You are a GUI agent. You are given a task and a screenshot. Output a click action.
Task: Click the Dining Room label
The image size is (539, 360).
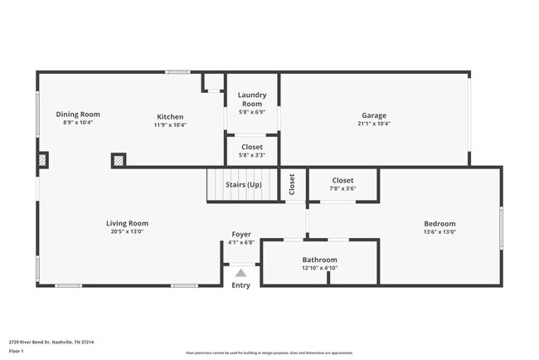pyautogui.click(x=78, y=114)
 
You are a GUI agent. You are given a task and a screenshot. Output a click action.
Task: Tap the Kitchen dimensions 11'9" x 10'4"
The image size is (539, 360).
pyautogui.click(x=170, y=125)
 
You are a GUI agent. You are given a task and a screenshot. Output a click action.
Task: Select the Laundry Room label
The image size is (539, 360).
pyautogui.click(x=252, y=100)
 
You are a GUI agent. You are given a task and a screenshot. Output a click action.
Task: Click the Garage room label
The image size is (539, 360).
pyautogui.click(x=373, y=115)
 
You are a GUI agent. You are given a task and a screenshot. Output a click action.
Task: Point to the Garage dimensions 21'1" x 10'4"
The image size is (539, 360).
pyautogui.click(x=373, y=124)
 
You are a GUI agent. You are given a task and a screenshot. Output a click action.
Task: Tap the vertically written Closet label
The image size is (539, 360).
pyautogui.click(x=292, y=184)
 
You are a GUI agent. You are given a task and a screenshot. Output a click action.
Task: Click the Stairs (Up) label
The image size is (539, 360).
pyautogui.click(x=244, y=184)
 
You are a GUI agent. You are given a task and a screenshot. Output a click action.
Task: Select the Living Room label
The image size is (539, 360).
pyautogui.click(x=127, y=223)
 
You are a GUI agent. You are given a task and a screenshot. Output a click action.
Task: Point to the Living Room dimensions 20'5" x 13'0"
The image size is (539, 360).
pyautogui.click(x=127, y=231)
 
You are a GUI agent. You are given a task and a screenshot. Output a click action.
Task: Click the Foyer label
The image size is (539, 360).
pyautogui.click(x=240, y=235)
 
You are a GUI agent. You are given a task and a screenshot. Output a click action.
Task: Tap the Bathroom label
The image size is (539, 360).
pyautogui.click(x=319, y=260)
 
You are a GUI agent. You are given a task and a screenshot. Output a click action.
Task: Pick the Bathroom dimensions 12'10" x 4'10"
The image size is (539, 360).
pyautogui.click(x=319, y=268)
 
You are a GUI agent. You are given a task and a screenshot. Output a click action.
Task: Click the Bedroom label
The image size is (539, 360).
pyautogui.click(x=439, y=223)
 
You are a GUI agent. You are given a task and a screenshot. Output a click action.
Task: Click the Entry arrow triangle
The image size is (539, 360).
pyautogui.click(x=240, y=272)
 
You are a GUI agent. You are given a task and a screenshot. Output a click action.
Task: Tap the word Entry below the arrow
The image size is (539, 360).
pyautogui.click(x=240, y=285)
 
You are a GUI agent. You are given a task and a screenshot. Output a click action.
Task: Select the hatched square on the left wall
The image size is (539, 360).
pyautogui.click(x=43, y=160)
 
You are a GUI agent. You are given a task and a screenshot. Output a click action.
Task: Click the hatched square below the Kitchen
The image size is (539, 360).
pyautogui.click(x=119, y=160)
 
